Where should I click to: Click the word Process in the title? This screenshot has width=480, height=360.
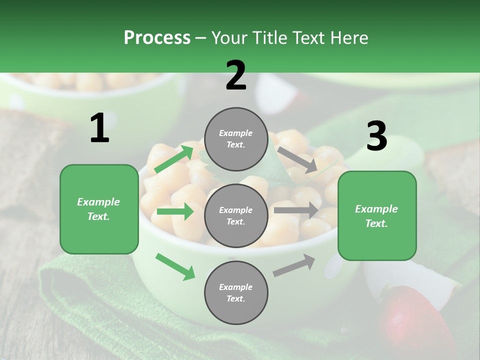pyautogui.click(x=157, y=38)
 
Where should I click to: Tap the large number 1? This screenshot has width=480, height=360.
pyautogui.click(x=99, y=128)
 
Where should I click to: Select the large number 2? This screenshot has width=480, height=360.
pyautogui.click(x=236, y=76)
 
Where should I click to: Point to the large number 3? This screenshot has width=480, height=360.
pyautogui.click(x=376, y=136)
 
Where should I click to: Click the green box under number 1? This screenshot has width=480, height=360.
pyautogui.click(x=99, y=209)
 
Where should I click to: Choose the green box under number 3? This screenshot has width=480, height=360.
pyautogui.click(x=377, y=216)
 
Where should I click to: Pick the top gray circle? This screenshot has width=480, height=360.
pyautogui.click(x=236, y=139)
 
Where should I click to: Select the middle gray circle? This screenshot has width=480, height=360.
pyautogui.click(x=236, y=215)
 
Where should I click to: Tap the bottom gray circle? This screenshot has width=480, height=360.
pyautogui.click(x=236, y=292)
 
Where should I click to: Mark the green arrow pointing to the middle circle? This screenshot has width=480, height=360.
pyautogui.click(x=175, y=211)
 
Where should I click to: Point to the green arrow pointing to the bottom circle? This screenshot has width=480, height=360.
pyautogui.click(x=175, y=266)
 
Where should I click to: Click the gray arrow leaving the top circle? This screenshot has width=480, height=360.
pyautogui.click(x=297, y=159)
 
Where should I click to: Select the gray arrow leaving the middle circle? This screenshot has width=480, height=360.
pyautogui.click(x=295, y=210)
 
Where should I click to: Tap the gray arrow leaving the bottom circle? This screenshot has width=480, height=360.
pyautogui.click(x=294, y=265)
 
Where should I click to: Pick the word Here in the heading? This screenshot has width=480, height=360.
pyautogui.click(x=350, y=38)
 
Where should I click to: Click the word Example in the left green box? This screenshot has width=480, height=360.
pyautogui.click(x=98, y=202)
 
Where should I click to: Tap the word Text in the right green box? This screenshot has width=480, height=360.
pyautogui.click(x=376, y=223)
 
